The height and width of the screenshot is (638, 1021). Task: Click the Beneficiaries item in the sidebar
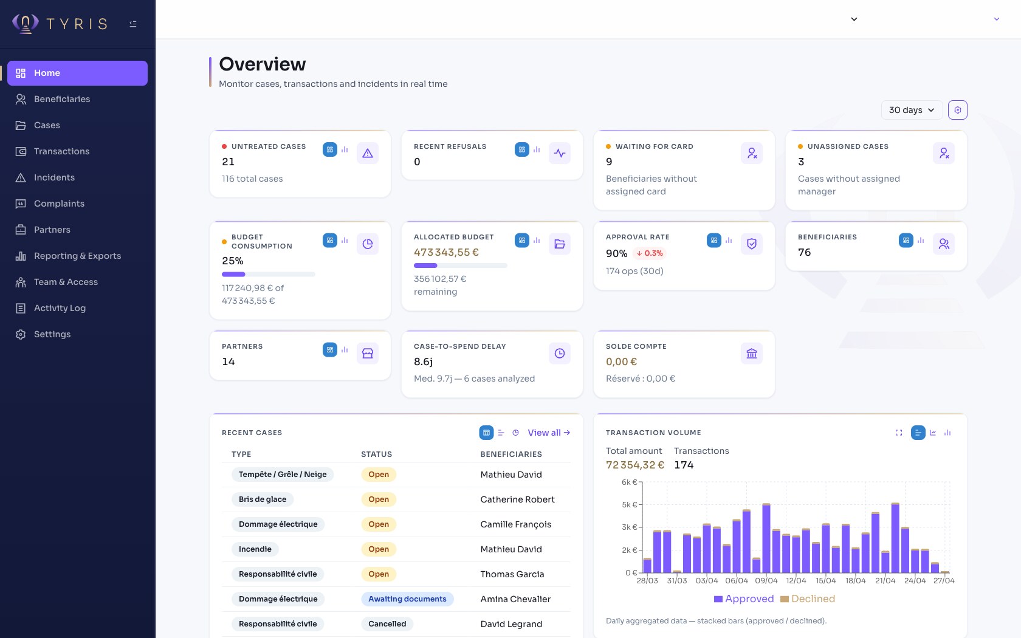pyautogui.click(x=61, y=99)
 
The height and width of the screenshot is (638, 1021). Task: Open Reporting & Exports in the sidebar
pyautogui.click(x=77, y=256)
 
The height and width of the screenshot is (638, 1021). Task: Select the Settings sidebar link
pyautogui.click(x=52, y=334)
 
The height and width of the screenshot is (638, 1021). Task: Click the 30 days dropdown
pyautogui.click(x=911, y=110)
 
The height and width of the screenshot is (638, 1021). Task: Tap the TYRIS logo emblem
pyautogui.click(x=26, y=24)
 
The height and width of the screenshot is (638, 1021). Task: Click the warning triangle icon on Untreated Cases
pyautogui.click(x=368, y=154)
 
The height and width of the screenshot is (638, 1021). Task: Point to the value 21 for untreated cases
pyautogui.click(x=229, y=162)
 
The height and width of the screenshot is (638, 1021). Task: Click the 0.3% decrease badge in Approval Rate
pyautogui.click(x=650, y=253)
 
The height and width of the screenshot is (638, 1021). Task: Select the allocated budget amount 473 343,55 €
pyautogui.click(x=446, y=252)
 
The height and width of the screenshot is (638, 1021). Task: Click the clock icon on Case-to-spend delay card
pyautogui.click(x=560, y=354)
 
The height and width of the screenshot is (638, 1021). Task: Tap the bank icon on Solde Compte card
pyautogui.click(x=752, y=354)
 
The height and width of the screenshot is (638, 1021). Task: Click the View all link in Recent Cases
pyautogui.click(x=549, y=433)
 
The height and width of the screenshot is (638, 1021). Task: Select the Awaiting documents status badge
pyautogui.click(x=407, y=599)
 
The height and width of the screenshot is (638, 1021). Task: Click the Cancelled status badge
pyautogui.click(x=387, y=624)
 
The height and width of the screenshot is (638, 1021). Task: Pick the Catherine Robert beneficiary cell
pyautogui.click(x=517, y=499)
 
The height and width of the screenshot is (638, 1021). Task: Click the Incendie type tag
pyautogui.click(x=255, y=549)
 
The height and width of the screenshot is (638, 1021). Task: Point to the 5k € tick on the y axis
pyautogui.click(x=630, y=505)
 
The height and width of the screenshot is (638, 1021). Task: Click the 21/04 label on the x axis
pyautogui.click(x=885, y=581)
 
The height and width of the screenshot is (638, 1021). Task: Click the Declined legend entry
pyautogui.click(x=808, y=599)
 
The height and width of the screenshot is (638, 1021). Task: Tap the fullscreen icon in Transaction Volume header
pyautogui.click(x=899, y=433)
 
